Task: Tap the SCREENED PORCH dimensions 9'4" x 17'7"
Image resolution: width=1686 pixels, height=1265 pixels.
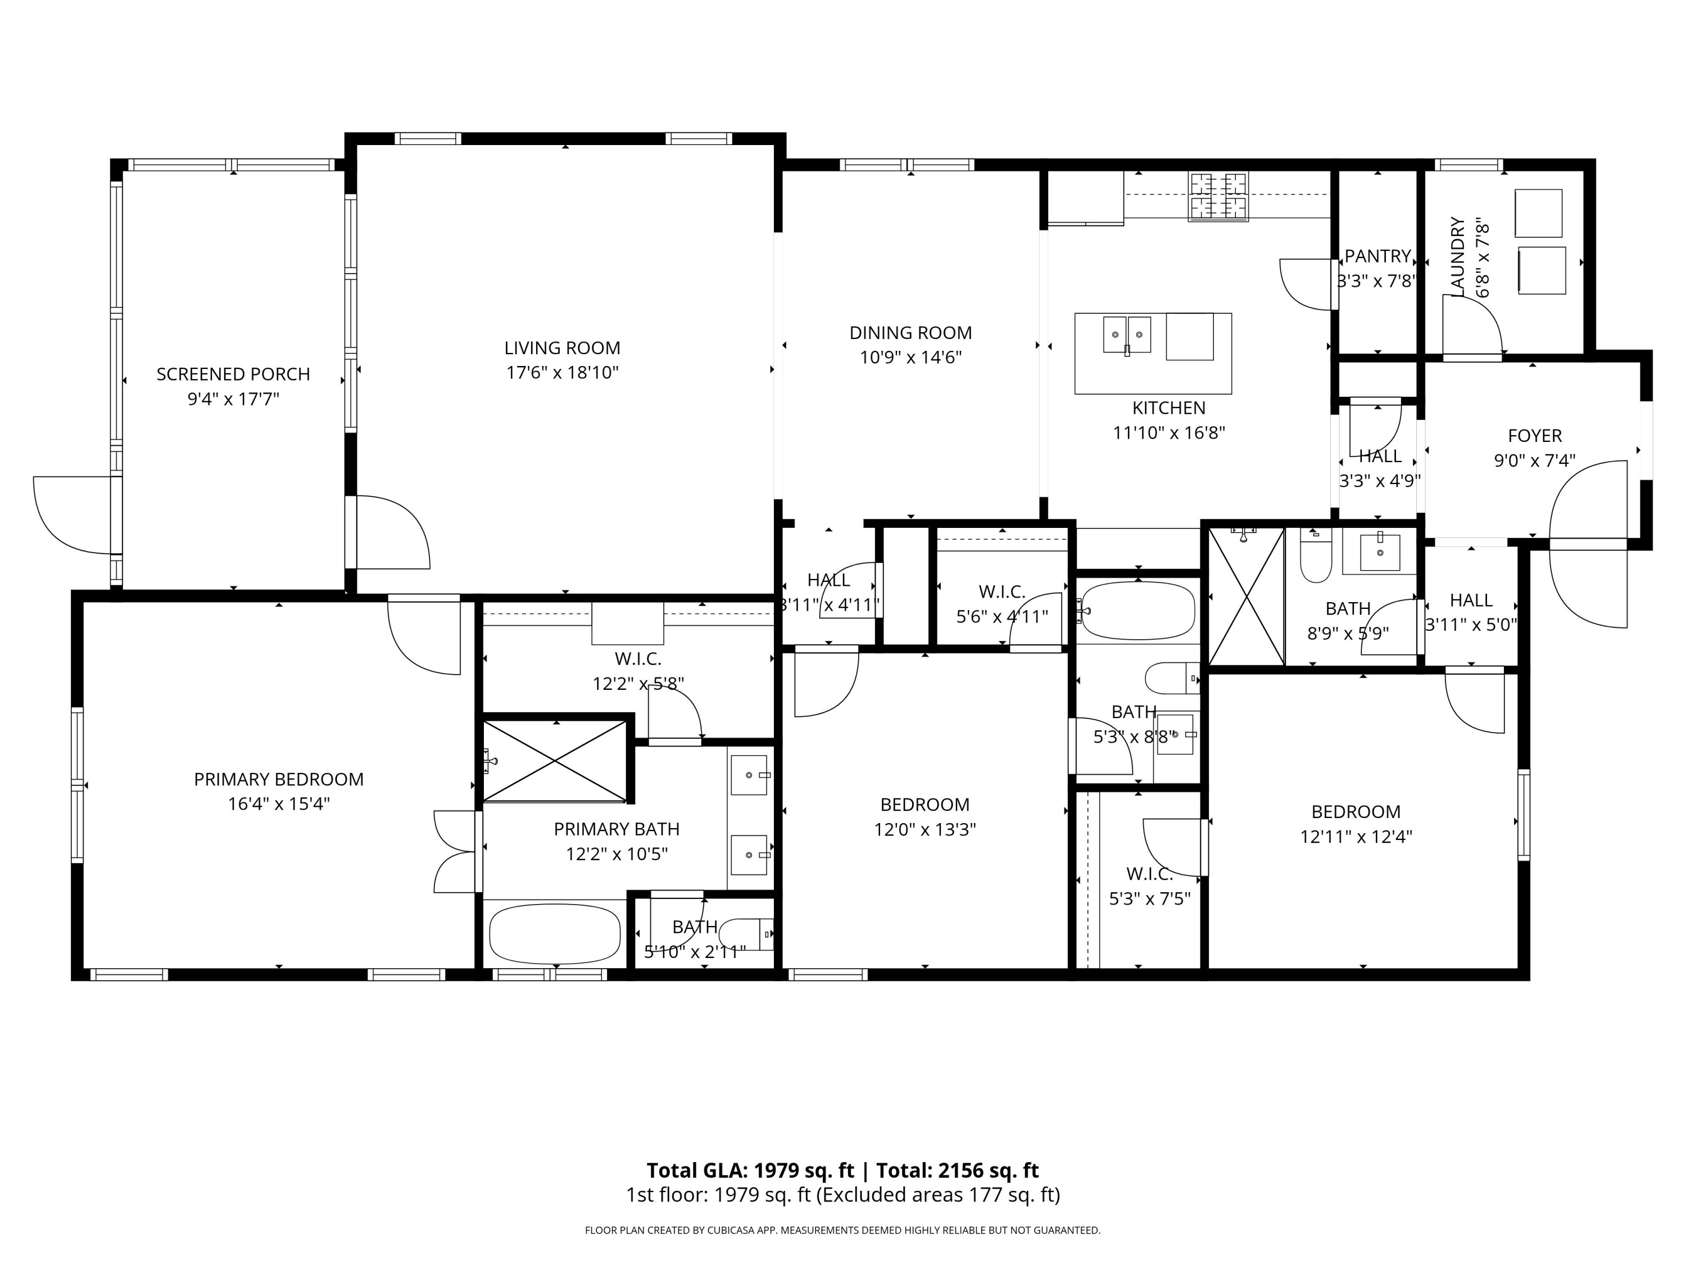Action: point(233,399)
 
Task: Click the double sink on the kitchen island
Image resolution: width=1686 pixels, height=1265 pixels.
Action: point(1127,335)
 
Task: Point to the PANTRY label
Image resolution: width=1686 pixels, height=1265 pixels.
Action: point(1377,256)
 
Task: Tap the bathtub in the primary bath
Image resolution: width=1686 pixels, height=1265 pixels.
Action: point(554,934)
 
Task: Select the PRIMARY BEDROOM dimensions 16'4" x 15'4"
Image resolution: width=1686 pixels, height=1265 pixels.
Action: point(278,803)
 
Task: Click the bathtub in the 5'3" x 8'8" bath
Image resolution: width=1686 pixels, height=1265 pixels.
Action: point(1137,611)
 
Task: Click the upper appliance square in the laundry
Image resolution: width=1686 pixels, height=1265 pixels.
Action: point(1538,213)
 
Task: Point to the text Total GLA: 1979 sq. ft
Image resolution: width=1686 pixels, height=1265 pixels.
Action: point(750,1171)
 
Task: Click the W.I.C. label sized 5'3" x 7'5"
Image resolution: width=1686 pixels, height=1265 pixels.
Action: point(1149,874)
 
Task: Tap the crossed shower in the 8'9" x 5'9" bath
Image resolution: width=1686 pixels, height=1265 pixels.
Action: point(1246,597)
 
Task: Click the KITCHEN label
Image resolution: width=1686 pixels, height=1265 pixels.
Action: point(1168,408)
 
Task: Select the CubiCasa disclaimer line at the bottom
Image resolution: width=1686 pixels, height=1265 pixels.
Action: point(842,1230)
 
